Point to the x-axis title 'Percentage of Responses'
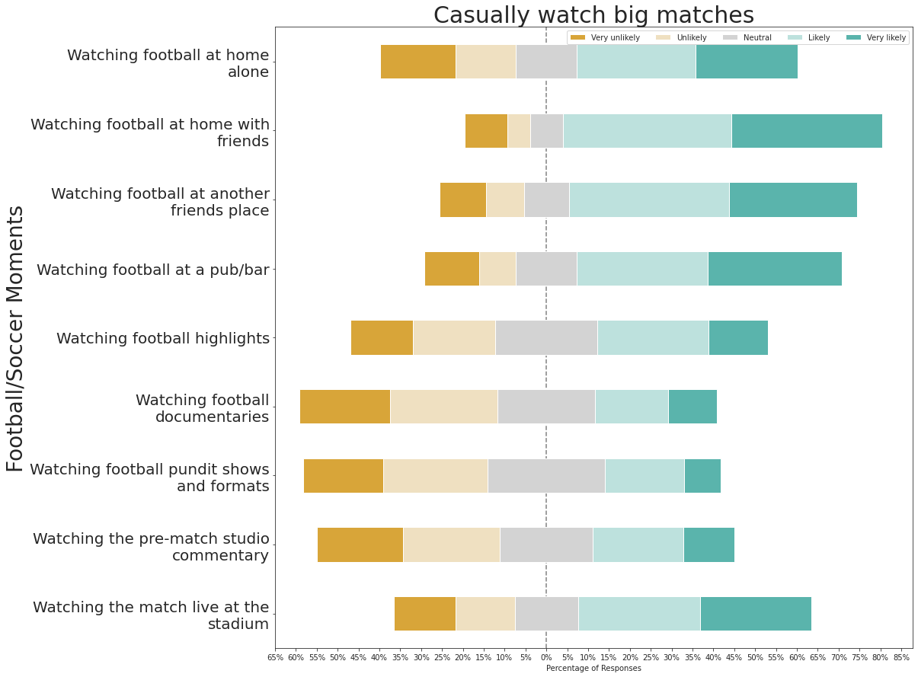593,668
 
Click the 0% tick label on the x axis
545,656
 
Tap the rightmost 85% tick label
901,656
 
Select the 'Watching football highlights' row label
163,338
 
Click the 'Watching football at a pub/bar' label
153,270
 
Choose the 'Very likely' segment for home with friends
807,131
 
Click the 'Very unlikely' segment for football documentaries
345,407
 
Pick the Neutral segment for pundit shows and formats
546,476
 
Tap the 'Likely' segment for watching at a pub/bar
642,269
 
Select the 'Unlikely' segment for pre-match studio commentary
451,544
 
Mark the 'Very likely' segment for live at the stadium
756,614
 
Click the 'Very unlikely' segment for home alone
417,62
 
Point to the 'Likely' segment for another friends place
649,200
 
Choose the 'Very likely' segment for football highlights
738,337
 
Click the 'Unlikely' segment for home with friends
519,131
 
